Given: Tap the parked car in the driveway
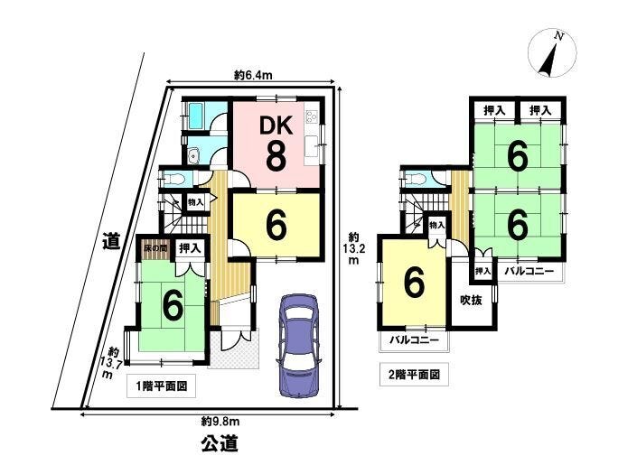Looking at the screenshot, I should pyautogui.click(x=299, y=343).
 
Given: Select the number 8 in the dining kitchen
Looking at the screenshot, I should pyautogui.click(x=276, y=154).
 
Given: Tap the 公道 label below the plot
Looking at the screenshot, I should pyautogui.click(x=219, y=443).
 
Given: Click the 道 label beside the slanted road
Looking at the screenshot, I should pyautogui.click(x=111, y=241).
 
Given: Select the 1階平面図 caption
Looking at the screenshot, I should pyautogui.click(x=163, y=384).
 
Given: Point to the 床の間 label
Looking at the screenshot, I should pyautogui.click(x=152, y=246).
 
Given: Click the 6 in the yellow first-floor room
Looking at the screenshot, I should pyautogui.click(x=275, y=227).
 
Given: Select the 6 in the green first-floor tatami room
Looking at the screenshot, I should pyautogui.click(x=171, y=307).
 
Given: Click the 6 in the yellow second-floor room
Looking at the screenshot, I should pyautogui.click(x=413, y=283).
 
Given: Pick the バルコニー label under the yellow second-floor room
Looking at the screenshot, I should pyautogui.click(x=414, y=340).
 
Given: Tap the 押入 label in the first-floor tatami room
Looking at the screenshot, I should pyautogui.click(x=190, y=246).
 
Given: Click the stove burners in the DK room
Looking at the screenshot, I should pyautogui.click(x=312, y=117).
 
